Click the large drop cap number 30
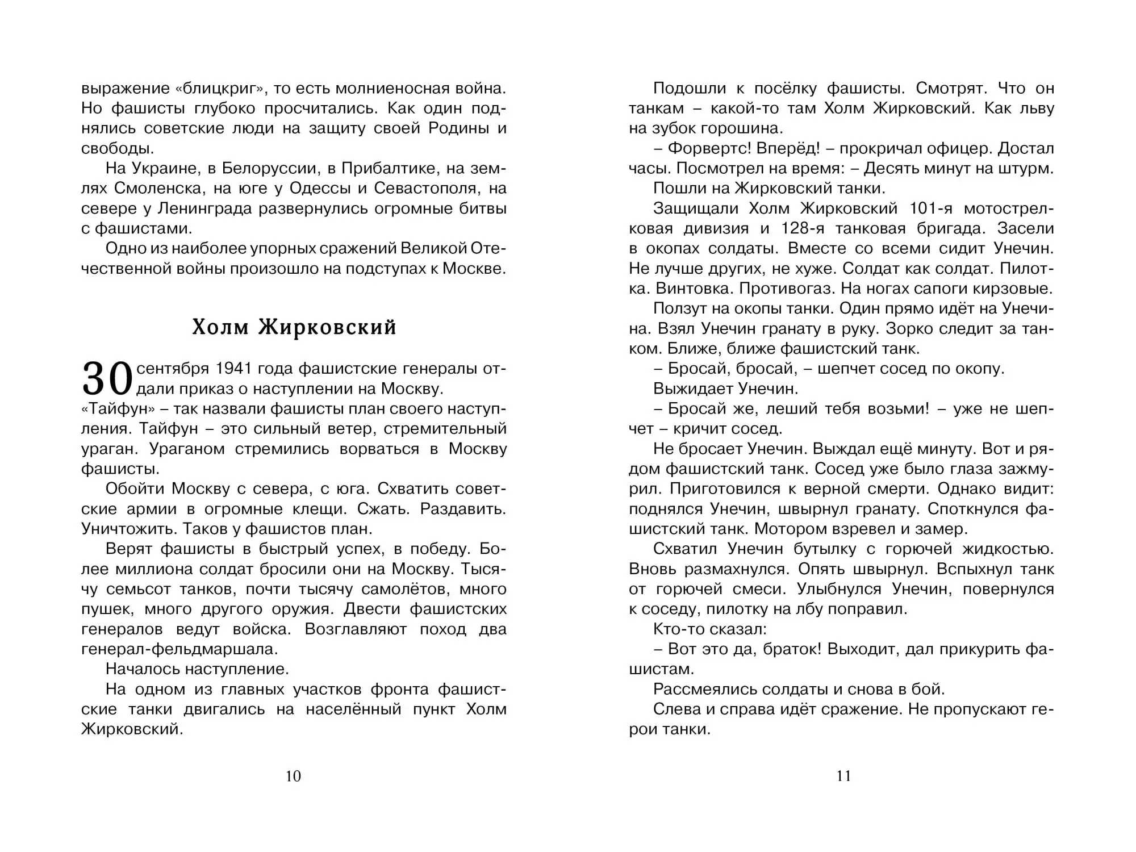[107, 379]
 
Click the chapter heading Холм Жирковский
[294, 328]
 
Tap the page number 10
[293, 776]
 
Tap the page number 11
[843, 776]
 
